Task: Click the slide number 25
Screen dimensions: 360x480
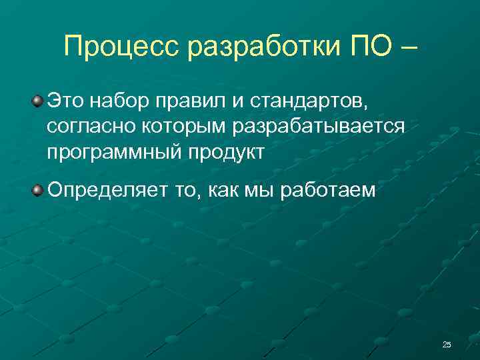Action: (x=447, y=344)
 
